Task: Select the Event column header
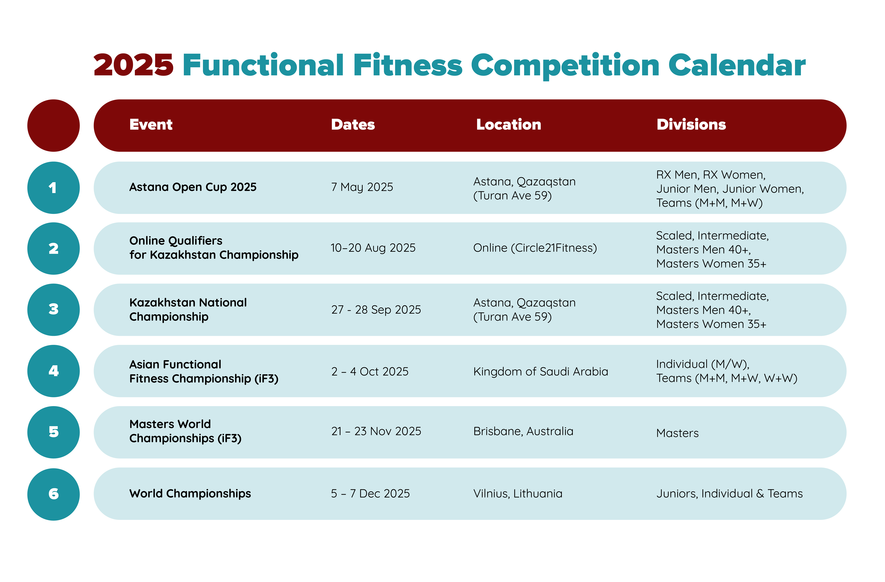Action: point(151,124)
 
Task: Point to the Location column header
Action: point(509,124)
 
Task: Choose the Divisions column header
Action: point(691,124)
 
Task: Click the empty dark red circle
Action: point(54,126)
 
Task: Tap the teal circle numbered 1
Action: point(54,188)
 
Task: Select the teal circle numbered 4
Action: point(54,371)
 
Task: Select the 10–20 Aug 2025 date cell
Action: point(373,248)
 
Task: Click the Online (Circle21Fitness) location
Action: point(535,248)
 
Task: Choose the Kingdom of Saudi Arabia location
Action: point(541,371)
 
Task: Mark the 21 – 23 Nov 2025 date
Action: point(376,431)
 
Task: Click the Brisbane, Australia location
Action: point(523,431)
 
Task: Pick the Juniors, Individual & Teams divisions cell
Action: point(730,494)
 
